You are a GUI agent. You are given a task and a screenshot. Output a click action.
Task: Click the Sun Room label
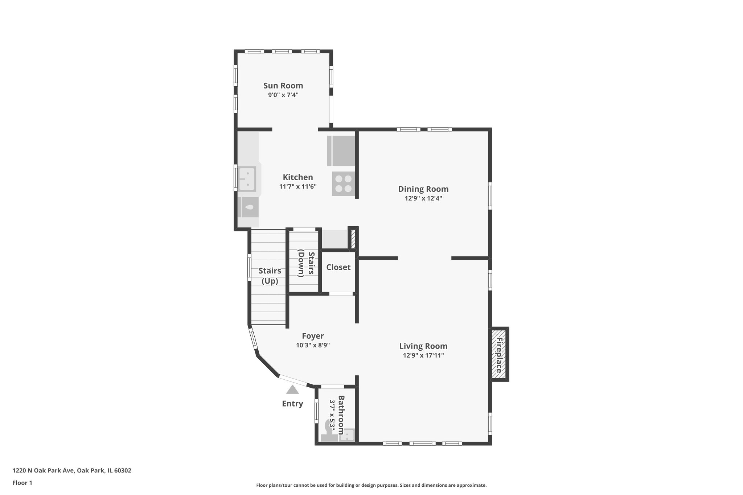283,86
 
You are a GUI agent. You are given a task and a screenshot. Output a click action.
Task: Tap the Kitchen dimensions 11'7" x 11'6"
297,187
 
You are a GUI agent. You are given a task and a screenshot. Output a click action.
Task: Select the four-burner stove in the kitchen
343,183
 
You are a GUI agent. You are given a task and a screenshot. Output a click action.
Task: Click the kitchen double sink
248,179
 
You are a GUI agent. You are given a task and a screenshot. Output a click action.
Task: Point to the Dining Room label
423,189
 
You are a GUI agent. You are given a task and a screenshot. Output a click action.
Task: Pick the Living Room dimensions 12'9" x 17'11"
423,355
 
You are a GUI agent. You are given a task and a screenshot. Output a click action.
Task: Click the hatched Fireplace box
499,355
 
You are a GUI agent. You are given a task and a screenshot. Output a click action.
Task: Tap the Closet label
338,267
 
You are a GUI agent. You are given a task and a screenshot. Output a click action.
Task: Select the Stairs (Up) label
270,276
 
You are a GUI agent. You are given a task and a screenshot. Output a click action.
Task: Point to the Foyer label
312,336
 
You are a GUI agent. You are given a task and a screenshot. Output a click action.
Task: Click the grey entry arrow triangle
292,390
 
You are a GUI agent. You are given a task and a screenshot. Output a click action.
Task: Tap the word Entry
292,404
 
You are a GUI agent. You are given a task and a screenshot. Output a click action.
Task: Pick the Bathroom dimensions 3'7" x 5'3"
332,415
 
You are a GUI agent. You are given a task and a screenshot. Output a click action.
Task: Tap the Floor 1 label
22,483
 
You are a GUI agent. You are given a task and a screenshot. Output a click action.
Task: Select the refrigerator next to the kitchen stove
341,150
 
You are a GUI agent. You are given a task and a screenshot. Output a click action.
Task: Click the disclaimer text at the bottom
371,485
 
